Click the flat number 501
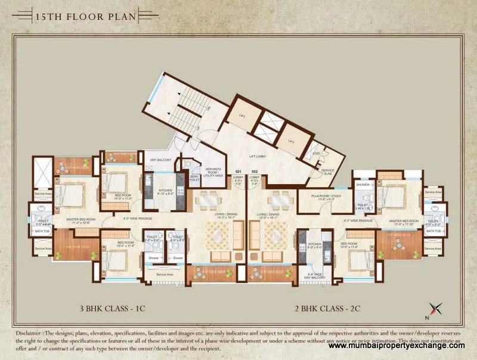pos(238,172)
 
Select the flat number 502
pos(254,172)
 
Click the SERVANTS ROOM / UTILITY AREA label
pos(214,173)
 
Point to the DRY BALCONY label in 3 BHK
pos(160,160)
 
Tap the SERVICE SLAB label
pos(328,170)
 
